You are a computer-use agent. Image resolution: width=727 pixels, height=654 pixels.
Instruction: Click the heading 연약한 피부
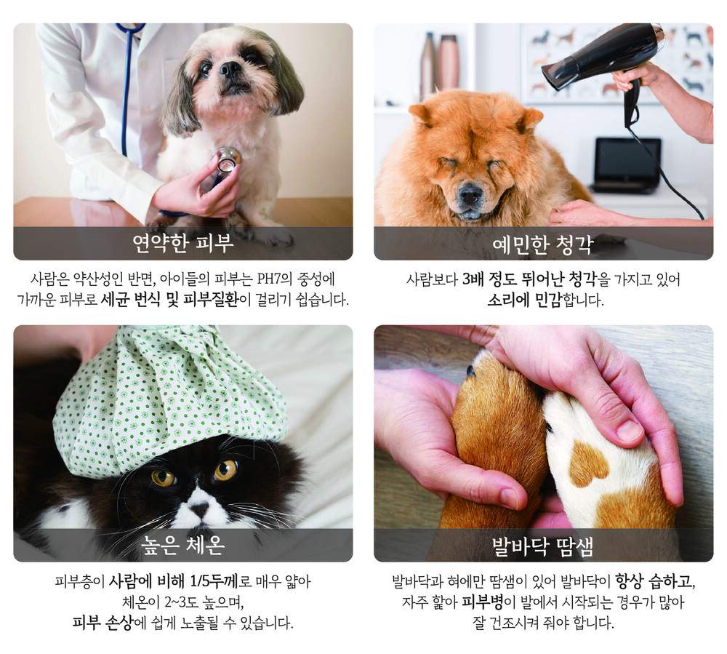[182, 244]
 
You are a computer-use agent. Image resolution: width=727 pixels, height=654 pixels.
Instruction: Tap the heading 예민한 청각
[543, 244]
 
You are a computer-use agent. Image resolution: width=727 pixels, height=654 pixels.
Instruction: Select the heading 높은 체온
[182, 546]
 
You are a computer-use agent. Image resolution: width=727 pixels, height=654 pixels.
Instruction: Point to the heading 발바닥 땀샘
[543, 546]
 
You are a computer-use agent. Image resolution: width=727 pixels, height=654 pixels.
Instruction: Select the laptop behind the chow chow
[627, 164]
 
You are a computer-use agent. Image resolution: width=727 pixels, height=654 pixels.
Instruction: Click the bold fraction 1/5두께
[214, 581]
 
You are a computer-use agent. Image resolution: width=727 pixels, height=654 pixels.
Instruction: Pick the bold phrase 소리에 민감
[524, 300]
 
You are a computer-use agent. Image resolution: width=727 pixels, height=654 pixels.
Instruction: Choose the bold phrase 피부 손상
[103, 623]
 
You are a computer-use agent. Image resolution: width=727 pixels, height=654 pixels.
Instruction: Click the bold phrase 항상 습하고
[655, 581]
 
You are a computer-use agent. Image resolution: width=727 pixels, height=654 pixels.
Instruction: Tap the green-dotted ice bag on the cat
[169, 399]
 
